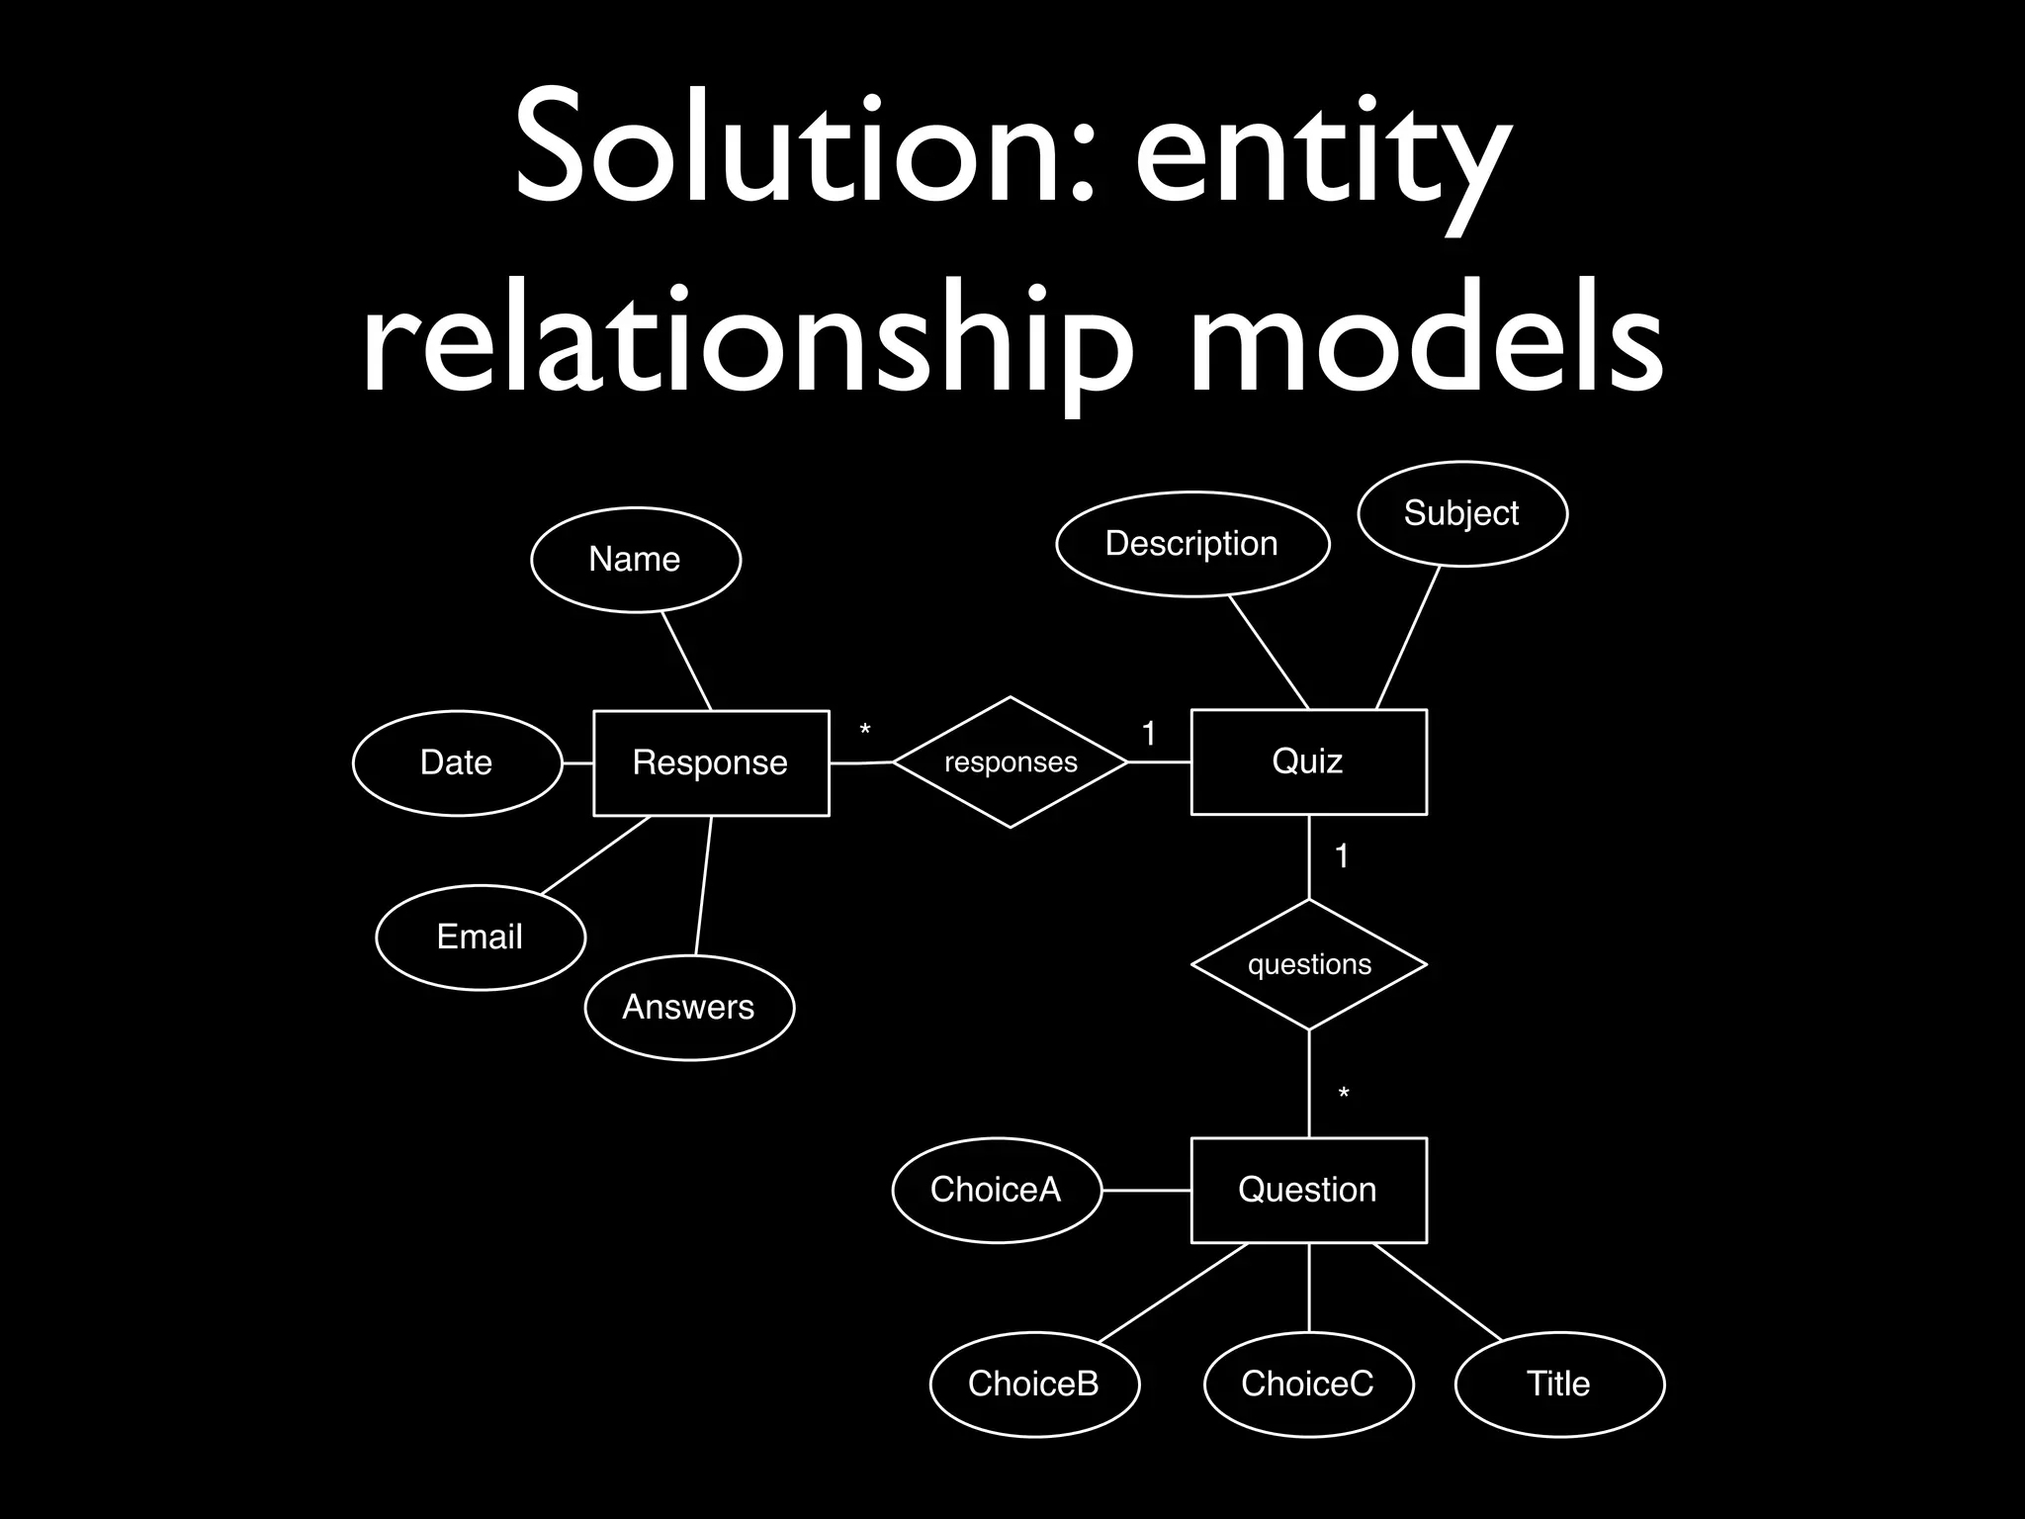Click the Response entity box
coord(710,762)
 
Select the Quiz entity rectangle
coord(1308,761)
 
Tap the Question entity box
coord(1308,1190)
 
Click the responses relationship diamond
coord(1010,762)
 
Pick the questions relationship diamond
coord(1309,964)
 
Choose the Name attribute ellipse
coord(635,560)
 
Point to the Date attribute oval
coord(457,762)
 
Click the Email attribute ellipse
coord(481,937)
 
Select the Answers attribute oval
coord(689,1007)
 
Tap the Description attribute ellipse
coord(1192,544)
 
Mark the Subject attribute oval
coord(1461,513)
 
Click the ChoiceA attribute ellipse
coord(996,1190)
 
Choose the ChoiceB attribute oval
coord(1034,1384)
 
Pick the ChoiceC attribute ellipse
coord(1308,1384)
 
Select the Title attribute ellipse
coord(1559,1384)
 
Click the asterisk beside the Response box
coord(865,732)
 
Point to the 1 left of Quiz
coord(1148,734)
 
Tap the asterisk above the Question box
coord(1344,1094)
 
